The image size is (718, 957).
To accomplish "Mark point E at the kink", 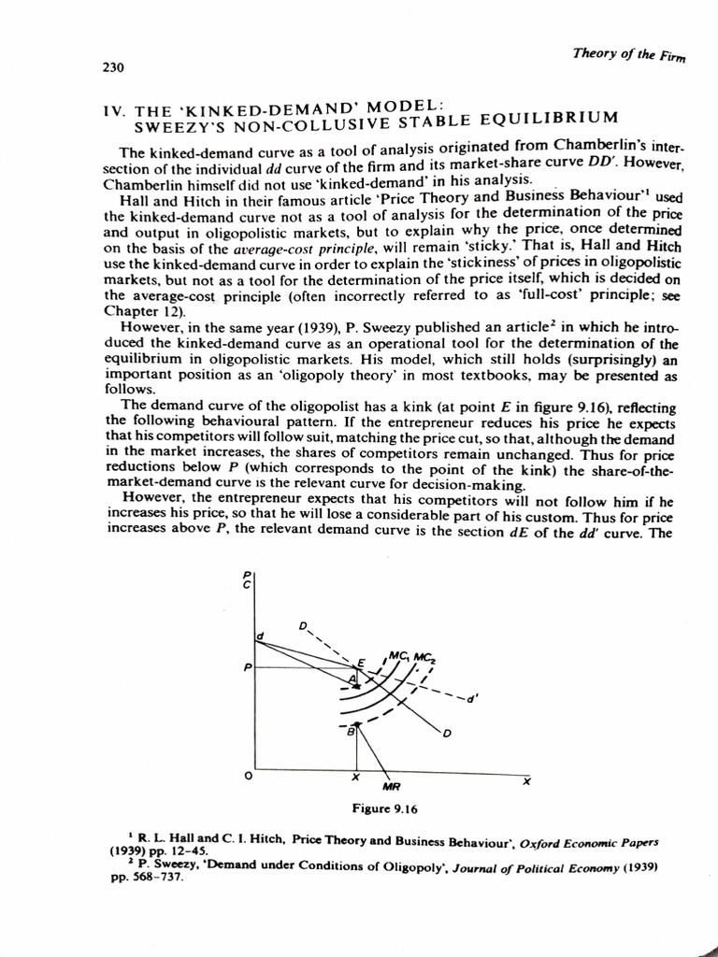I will (x=361, y=663).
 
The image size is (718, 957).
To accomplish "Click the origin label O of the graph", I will (x=247, y=776).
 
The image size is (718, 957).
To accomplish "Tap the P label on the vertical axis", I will (x=248, y=668).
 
